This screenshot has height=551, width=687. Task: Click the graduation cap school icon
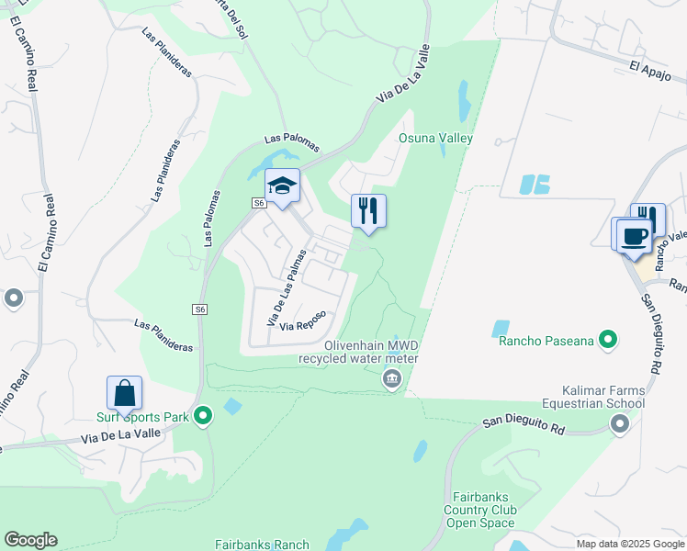coord(283,186)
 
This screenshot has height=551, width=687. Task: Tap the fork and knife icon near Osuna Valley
coord(368,210)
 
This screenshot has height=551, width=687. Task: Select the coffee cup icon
coord(635,234)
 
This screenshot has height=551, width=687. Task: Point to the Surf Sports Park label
coord(142,417)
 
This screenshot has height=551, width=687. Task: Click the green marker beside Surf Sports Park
coord(204,417)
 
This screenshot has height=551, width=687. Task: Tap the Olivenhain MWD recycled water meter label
coord(358,351)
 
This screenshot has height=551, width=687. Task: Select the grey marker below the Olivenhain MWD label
coord(392,378)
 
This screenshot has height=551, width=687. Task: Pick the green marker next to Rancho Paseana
coord(607,341)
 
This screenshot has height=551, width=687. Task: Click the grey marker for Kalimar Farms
coord(620,423)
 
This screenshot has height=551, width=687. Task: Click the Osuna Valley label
coord(435,139)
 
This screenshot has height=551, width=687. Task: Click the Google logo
coord(30,540)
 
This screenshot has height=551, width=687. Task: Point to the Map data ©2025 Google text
coord(629,544)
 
